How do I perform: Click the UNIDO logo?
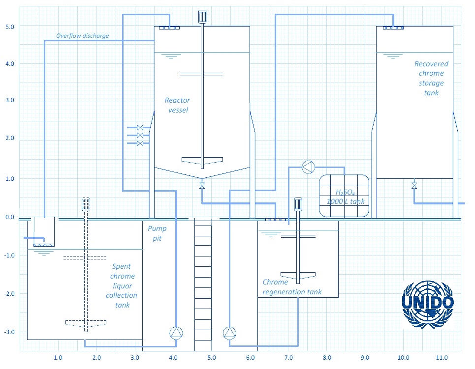point(428,304)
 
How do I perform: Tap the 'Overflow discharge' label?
point(82,36)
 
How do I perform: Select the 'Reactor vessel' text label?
point(178,105)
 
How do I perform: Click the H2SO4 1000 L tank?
point(345,196)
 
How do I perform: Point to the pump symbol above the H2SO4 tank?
point(309,167)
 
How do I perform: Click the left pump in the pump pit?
point(176,333)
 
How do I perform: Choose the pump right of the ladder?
point(229,333)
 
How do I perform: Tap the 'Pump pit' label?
point(157,233)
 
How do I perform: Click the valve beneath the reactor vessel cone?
point(202,185)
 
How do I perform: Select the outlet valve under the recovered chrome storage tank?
point(414,185)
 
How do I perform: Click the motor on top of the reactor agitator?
point(202,16)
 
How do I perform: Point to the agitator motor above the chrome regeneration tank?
point(298,204)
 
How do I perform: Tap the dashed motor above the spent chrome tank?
point(86,204)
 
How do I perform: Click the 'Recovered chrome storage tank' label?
point(431,78)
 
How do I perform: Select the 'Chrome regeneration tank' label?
point(292,287)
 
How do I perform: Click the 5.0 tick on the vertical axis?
point(10,27)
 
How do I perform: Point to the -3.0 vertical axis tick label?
point(9,332)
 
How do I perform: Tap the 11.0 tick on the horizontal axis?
point(442,358)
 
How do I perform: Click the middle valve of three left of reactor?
point(140,135)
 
